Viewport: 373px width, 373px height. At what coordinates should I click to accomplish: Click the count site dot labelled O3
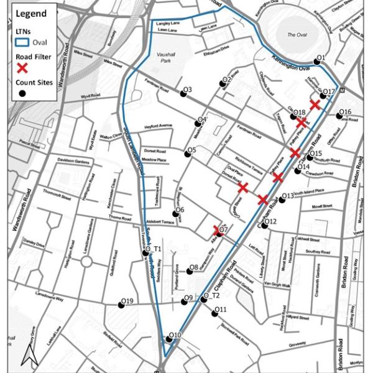tap(183, 94)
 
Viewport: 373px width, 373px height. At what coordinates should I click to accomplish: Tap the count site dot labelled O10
tap(169, 339)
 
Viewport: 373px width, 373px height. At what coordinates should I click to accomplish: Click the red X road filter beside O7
tap(218, 229)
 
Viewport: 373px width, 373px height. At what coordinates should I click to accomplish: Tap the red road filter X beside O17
tap(315, 104)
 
